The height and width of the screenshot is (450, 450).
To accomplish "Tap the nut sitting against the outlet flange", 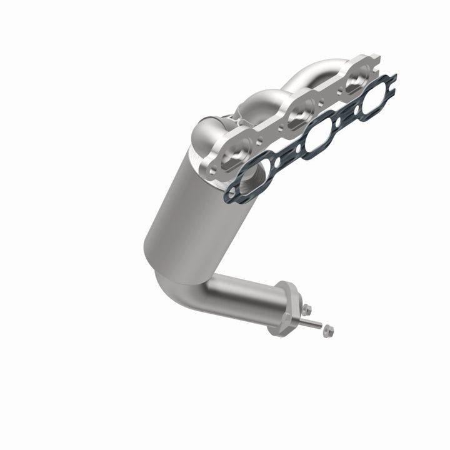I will [x=306, y=308].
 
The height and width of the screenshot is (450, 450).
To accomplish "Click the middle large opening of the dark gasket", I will [x=319, y=132].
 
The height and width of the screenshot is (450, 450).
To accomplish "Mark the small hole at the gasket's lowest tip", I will [x=232, y=196].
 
